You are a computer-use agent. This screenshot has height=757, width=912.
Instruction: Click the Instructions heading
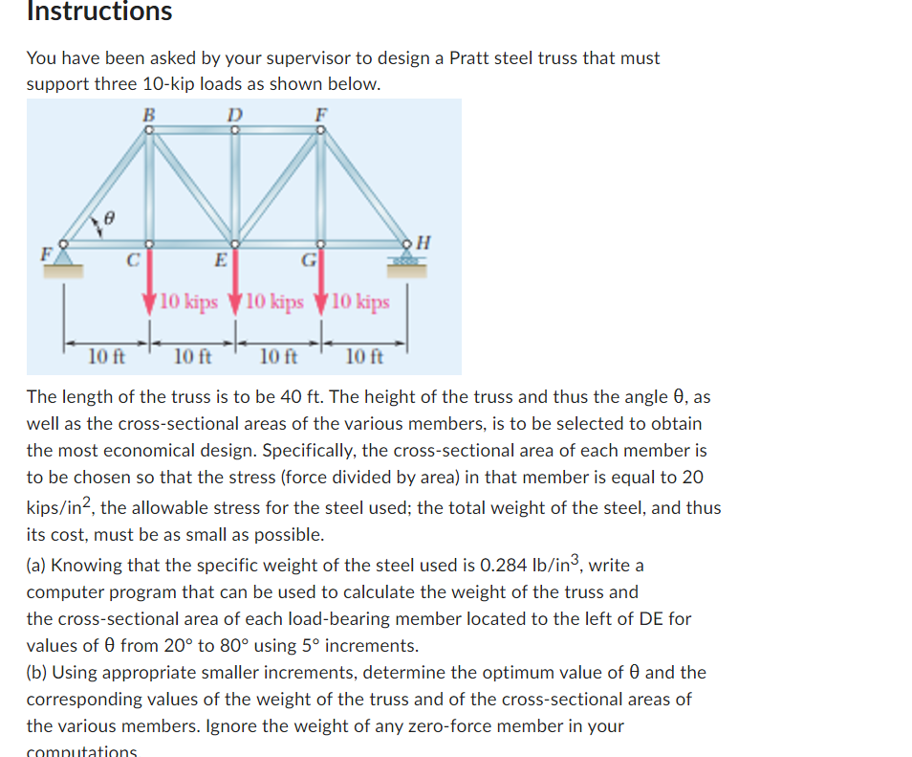(99, 11)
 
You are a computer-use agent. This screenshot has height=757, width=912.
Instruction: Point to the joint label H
(424, 243)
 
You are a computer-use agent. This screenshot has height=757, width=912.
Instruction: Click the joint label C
(134, 259)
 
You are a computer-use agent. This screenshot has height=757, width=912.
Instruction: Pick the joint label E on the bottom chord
(220, 259)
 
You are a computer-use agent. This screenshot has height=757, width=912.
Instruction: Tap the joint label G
(308, 259)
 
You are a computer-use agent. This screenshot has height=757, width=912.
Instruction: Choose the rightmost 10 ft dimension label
(364, 358)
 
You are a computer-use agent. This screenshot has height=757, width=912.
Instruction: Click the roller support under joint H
(407, 259)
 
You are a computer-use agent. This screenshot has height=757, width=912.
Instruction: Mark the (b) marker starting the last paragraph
(37, 673)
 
